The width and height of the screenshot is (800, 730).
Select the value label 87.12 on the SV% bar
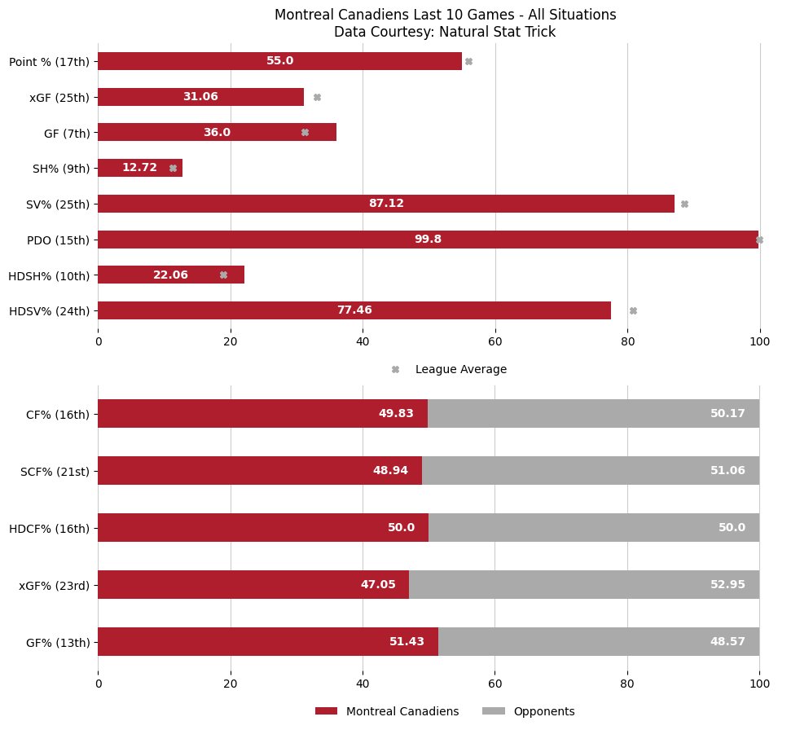tap(386, 204)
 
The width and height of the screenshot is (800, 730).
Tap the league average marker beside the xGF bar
tap(317, 97)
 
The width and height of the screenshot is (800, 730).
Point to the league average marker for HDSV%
tap(633, 310)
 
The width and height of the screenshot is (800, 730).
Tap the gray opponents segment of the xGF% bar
tap(584, 584)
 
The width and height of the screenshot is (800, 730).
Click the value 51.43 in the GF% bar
tap(407, 641)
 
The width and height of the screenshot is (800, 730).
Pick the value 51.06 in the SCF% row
tap(727, 470)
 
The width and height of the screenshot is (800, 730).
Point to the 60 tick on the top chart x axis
tap(495, 343)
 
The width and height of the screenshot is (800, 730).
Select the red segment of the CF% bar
tap(262, 413)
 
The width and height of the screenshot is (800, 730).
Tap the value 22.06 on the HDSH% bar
tap(170, 275)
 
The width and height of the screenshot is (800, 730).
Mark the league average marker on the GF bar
tap(305, 132)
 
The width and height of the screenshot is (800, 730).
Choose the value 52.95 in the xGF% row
tap(727, 584)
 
